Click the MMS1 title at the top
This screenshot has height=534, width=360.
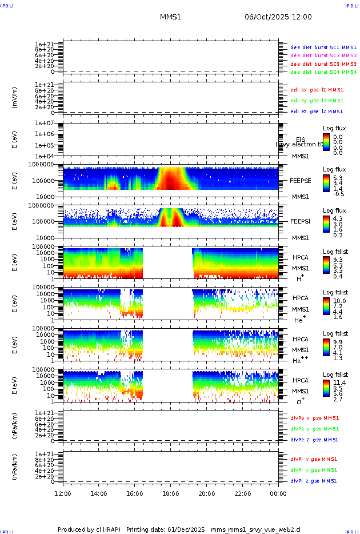pos(170,17)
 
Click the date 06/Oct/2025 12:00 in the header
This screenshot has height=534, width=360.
pos(278,17)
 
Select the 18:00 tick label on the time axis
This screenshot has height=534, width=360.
pos(171,493)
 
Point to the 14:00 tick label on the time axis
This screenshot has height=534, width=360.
pos(99,493)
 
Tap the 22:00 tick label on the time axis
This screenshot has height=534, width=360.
pos(243,493)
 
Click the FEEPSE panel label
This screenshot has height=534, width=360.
pos(301,180)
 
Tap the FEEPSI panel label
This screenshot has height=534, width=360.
pos(301,221)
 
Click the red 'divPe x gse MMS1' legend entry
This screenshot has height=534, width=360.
pos(314,418)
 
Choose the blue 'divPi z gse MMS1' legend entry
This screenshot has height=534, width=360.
pos(314,481)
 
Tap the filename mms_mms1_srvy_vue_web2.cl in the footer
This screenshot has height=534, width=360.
pos(255,529)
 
